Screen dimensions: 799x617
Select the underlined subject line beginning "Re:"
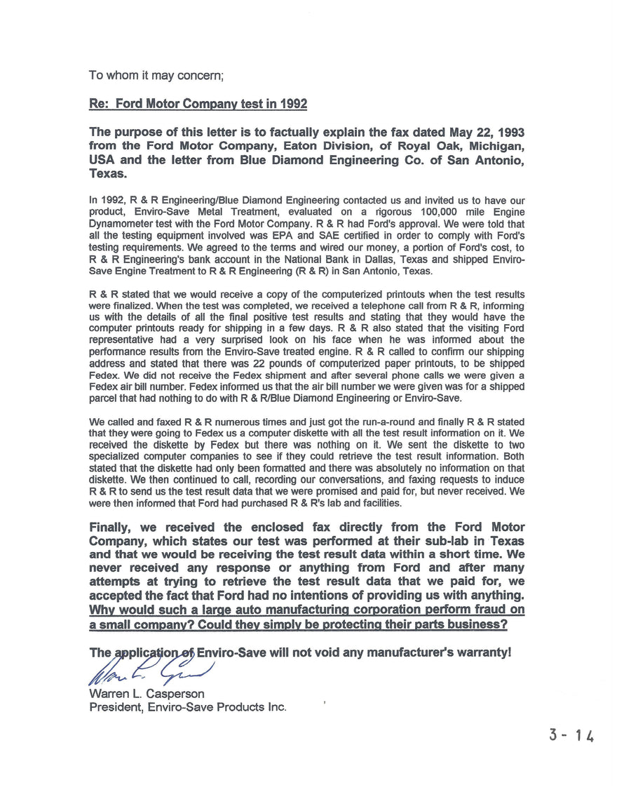click(198, 104)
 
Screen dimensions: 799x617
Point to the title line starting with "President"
click(187, 707)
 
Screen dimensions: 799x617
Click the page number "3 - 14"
click(572, 736)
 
